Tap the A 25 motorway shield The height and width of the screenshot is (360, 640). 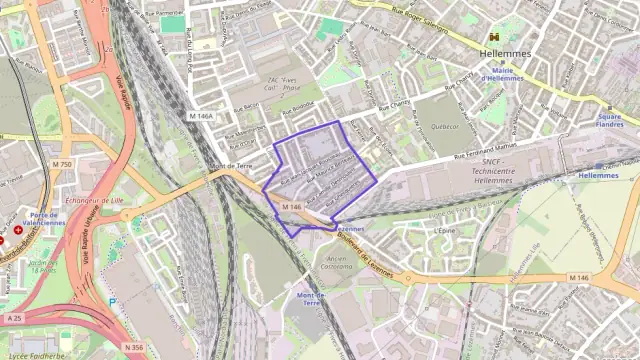pyautogui.click(x=13, y=318)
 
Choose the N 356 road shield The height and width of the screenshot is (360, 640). pyautogui.click(x=134, y=347)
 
